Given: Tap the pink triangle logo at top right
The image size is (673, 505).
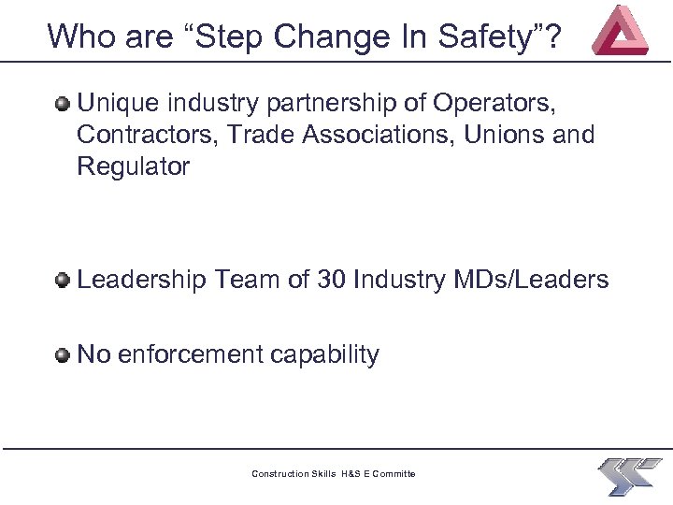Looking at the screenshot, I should [621, 31].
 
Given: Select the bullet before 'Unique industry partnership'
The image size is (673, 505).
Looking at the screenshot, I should [63, 103].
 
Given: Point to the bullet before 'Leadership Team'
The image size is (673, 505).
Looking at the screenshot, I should [63, 280].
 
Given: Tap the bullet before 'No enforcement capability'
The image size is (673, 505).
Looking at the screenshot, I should [63, 354].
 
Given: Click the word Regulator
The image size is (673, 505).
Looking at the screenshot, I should [134, 166].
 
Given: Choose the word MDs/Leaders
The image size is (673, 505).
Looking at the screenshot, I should [542, 280].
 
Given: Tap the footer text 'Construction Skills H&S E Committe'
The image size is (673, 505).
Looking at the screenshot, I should [334, 474].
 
